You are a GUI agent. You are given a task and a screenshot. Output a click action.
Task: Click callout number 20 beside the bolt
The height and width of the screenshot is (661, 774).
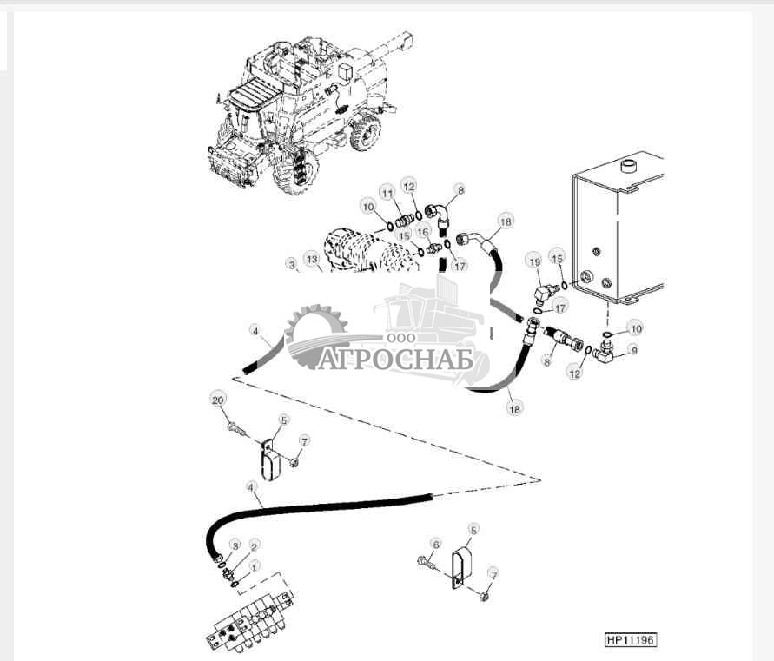(217, 399)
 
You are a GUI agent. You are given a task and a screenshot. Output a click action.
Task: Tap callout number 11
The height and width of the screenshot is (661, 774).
(386, 192)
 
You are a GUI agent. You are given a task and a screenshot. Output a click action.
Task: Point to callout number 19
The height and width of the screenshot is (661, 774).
(534, 260)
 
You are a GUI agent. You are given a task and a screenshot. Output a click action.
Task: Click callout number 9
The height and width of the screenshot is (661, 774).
(633, 350)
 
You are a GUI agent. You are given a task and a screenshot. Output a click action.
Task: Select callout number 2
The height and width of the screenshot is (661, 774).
(254, 545)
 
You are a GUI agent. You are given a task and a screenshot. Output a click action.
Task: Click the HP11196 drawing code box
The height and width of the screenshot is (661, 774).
(630, 640)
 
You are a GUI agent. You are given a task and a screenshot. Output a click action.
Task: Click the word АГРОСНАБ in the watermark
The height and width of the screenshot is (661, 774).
(394, 358)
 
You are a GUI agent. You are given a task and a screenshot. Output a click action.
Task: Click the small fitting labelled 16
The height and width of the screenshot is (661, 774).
(433, 249)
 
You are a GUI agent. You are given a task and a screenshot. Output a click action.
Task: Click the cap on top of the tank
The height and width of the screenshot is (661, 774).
(626, 164)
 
